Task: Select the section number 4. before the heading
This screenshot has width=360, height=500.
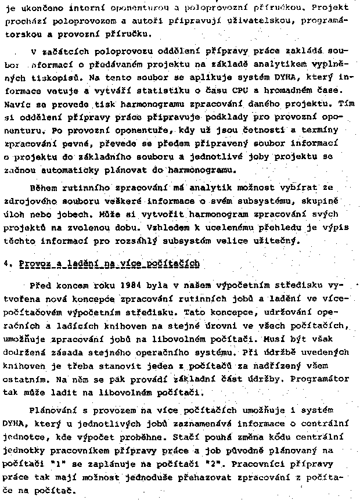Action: [x=6, y=263]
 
